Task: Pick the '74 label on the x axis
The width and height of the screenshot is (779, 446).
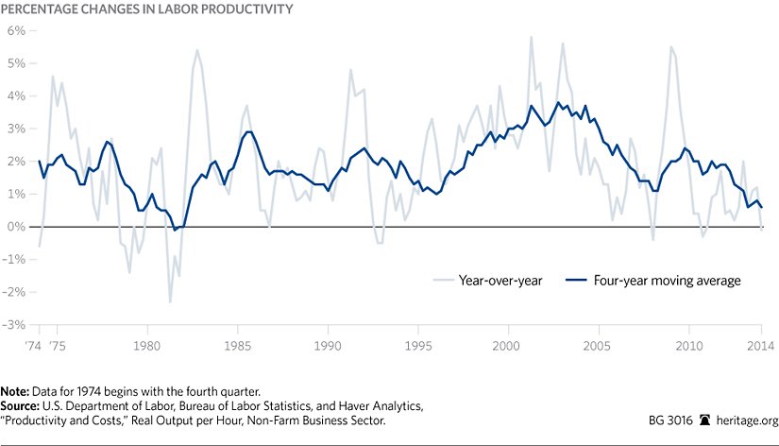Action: pos(37,345)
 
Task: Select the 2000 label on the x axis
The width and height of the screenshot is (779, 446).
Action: pos(508,345)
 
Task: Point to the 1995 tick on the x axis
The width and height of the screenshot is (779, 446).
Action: pos(418,345)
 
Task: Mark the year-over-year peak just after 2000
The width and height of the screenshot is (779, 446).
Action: pos(531,38)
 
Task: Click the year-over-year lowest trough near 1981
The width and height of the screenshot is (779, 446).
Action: pos(170,301)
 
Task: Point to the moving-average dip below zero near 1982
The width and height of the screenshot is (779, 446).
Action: pos(175,230)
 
